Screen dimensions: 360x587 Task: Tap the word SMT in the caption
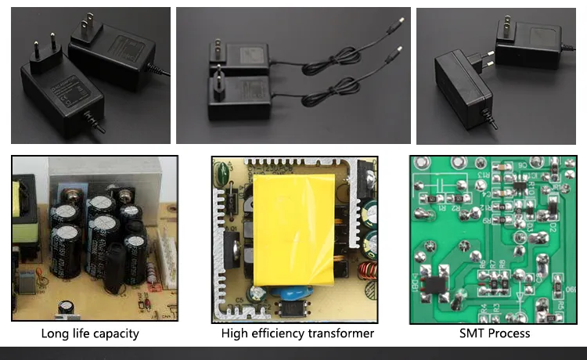473,333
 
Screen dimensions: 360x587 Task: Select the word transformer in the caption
336,333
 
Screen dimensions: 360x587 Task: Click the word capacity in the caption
113,333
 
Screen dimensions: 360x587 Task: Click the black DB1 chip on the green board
434,284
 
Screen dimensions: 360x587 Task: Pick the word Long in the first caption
55,333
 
